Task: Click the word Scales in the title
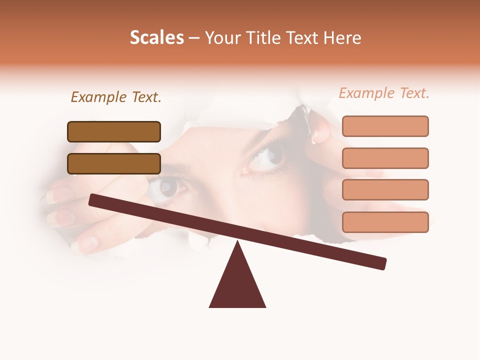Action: pos(156,37)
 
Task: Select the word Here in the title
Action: pos(342,37)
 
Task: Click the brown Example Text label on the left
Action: pos(116,97)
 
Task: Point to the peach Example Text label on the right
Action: pos(384,93)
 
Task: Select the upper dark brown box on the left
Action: pos(114,131)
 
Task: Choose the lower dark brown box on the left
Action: pos(114,163)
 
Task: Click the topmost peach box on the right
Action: pos(385,126)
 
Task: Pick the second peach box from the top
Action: pos(385,158)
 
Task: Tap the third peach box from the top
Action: pos(385,189)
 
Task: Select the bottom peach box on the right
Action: pos(385,222)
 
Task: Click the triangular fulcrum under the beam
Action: pos(237,285)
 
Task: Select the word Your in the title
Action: pos(222,37)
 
